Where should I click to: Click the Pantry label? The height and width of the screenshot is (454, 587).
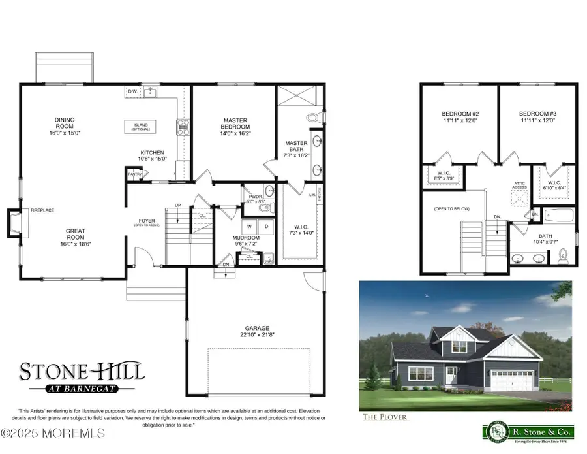point(134,174)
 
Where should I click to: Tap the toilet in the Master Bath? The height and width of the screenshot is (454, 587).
point(313,118)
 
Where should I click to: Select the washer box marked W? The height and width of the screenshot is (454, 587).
point(249,227)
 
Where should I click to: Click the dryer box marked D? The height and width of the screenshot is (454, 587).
point(265,227)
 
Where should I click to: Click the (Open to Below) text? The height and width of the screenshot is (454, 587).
point(452,209)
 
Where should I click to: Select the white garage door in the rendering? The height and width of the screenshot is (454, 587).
point(515,380)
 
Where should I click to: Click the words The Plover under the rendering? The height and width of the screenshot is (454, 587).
point(387,416)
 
